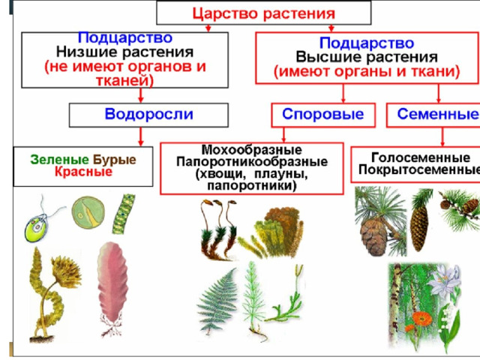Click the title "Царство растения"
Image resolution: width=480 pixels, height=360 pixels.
[263, 13]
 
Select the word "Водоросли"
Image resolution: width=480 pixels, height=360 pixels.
[148, 114]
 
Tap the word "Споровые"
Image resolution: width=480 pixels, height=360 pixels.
[323, 114]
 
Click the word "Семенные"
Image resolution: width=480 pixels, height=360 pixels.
[438, 114]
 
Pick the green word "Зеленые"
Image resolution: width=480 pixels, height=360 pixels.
[60, 160]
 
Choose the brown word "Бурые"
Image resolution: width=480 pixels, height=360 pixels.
[115, 160]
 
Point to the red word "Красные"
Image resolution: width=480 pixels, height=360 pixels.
[83, 172]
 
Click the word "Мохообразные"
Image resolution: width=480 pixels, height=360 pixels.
[252, 150]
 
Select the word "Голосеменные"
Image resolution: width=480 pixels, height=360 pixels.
[421, 158]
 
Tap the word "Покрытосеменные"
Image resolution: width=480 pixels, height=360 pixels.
[419, 169]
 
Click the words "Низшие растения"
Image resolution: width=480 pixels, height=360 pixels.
[124, 52]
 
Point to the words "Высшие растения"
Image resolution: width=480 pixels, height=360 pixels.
[367, 57]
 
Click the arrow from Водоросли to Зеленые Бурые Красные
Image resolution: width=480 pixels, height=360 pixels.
[141, 136]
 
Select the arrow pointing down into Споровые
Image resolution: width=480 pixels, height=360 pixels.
[343, 93]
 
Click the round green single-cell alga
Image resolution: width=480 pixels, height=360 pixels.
[88, 212]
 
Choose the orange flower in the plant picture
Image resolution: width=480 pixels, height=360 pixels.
[422, 319]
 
